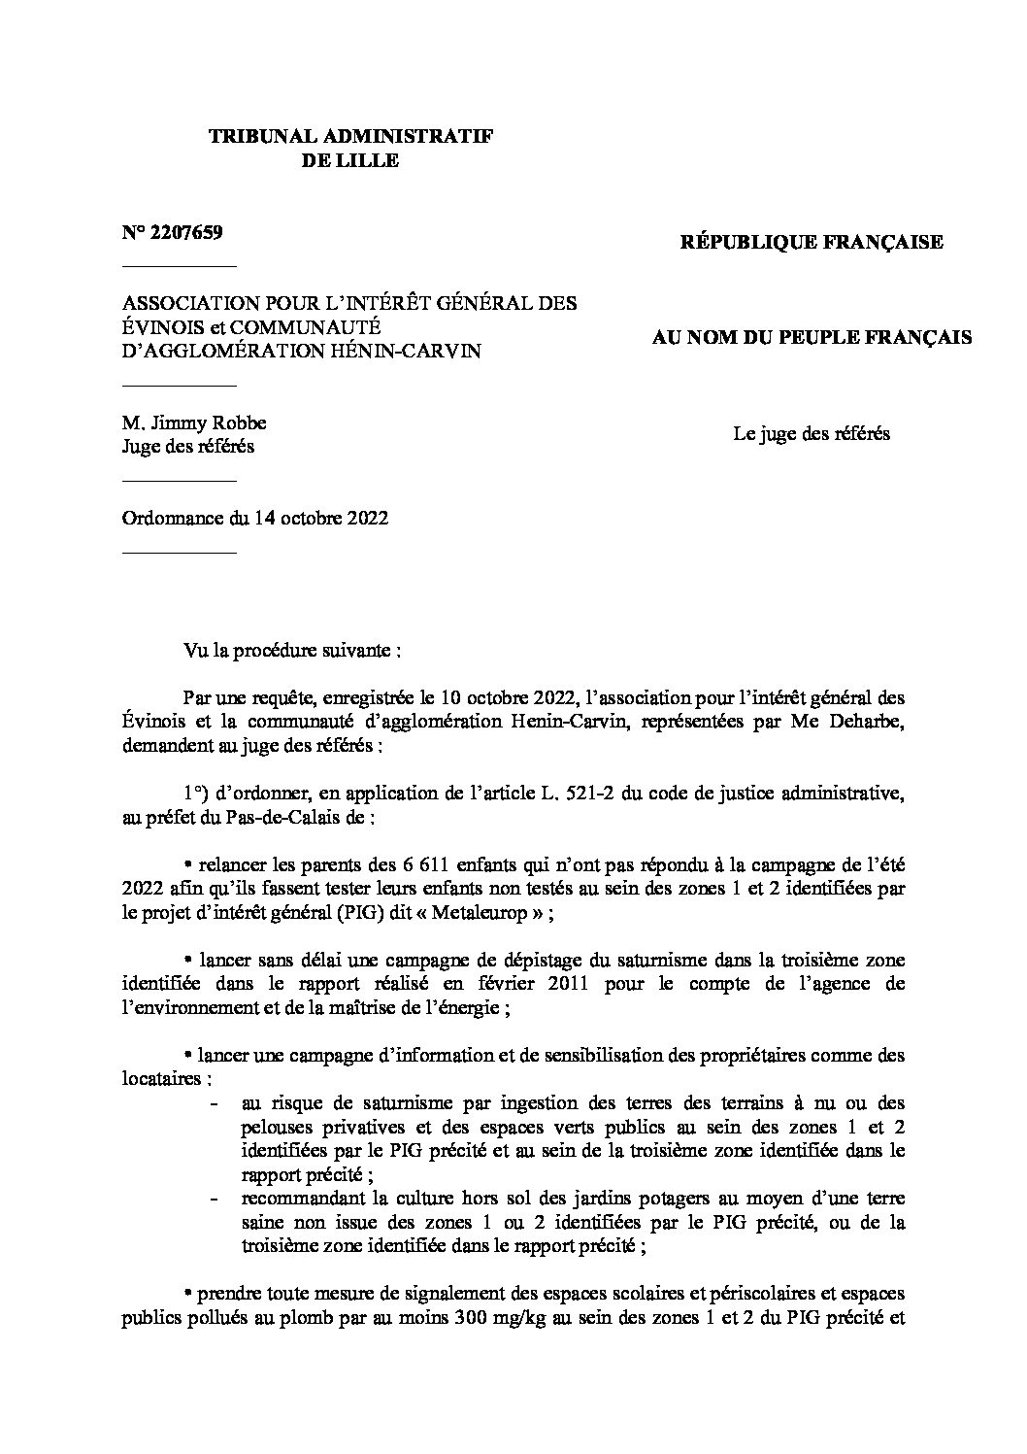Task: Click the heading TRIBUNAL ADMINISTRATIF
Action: coord(350,137)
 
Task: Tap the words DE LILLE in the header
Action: coord(350,161)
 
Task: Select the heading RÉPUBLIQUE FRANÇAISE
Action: coord(812,242)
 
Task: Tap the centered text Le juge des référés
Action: coord(811,434)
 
